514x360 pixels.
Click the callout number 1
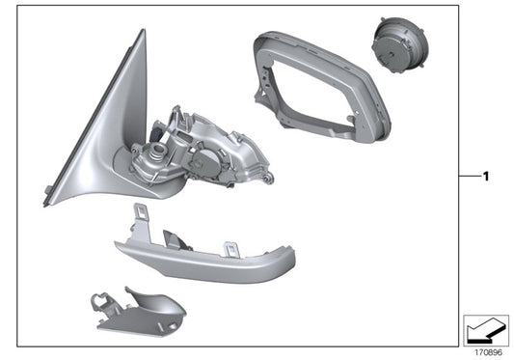point(487,177)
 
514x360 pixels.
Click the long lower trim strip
point(203,256)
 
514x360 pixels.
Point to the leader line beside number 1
point(469,177)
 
